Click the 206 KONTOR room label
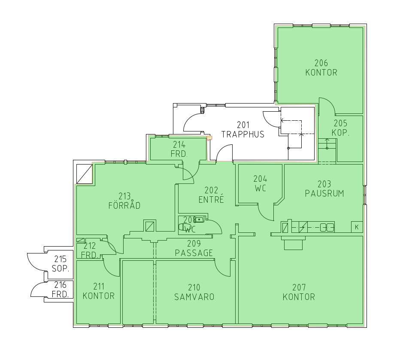pyautogui.click(x=321, y=68)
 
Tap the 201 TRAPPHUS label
pyautogui.click(x=243, y=130)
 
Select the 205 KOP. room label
pyautogui.click(x=340, y=128)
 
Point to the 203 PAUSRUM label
pyautogui.click(x=324, y=189)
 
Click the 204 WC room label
pyautogui.click(x=261, y=183)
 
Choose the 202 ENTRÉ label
pyautogui.click(x=211, y=195)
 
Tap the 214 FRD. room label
pyautogui.click(x=179, y=149)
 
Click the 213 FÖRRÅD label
pyautogui.click(x=124, y=201)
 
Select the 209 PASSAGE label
pyautogui.click(x=194, y=248)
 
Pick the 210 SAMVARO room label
pyautogui.click(x=194, y=292)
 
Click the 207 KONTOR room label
pyautogui.click(x=299, y=292)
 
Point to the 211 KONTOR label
pyautogui.click(x=99, y=291)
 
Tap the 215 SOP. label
pyautogui.click(x=61, y=263)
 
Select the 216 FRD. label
pyautogui.click(x=61, y=289)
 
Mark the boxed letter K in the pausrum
pyautogui.click(x=357, y=227)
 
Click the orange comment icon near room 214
pyautogui.click(x=209, y=138)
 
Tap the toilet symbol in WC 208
pyautogui.click(x=183, y=227)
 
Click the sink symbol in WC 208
pyautogui.click(x=200, y=220)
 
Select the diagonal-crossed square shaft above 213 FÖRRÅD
pyautogui.click(x=85, y=174)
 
